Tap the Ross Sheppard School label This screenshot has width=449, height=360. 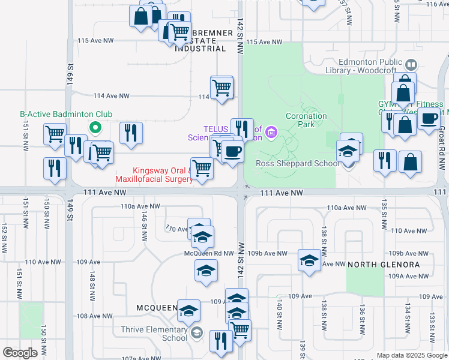(x=289, y=163)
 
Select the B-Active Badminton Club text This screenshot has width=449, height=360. (x=66, y=114)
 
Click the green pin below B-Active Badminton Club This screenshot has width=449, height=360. (x=95, y=127)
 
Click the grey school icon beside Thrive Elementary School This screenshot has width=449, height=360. (x=197, y=333)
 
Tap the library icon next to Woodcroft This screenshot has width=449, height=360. (x=411, y=64)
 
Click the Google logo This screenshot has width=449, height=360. (x=20, y=353)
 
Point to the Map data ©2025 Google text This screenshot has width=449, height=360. (x=412, y=356)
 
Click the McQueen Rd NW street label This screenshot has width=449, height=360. (x=208, y=253)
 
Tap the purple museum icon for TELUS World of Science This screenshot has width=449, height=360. (x=271, y=131)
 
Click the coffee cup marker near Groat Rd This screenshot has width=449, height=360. (x=429, y=119)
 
